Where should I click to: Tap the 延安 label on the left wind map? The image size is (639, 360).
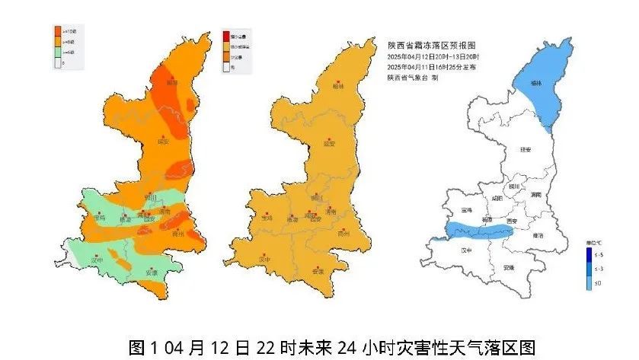click(161, 141)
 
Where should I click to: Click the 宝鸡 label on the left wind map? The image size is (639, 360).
click(99, 218)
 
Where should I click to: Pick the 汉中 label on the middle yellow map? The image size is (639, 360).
click(265, 260)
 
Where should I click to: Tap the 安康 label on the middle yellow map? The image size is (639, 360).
click(318, 271)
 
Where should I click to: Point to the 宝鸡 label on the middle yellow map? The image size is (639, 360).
click(266, 218)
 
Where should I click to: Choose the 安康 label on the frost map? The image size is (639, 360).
click(509, 268)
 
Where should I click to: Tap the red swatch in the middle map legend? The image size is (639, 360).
click(225, 36)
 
